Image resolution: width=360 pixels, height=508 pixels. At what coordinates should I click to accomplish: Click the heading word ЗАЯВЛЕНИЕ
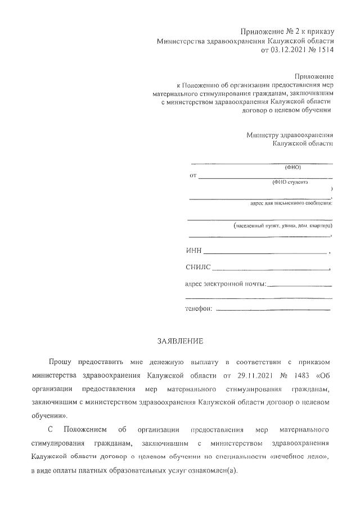[x=180, y=341]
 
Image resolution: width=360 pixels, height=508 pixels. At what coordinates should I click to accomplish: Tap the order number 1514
[x=325, y=50]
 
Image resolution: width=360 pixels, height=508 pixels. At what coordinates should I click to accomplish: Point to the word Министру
[x=265, y=135]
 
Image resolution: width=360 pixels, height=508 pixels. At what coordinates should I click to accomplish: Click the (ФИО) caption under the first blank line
[x=293, y=167]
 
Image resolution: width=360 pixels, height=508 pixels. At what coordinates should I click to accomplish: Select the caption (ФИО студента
[x=289, y=182]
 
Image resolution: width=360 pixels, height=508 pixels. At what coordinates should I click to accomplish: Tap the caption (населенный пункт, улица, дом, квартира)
[x=282, y=225]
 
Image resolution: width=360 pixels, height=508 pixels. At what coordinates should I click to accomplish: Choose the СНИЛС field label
[x=197, y=267]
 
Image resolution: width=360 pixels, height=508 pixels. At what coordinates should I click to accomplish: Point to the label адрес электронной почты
[x=225, y=284]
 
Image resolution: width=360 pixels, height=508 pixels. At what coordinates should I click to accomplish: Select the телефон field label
[x=199, y=309]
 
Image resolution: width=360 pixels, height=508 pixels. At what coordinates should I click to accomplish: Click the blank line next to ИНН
[x=264, y=253]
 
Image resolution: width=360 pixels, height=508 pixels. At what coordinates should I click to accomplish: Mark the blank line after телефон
[x=273, y=310]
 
